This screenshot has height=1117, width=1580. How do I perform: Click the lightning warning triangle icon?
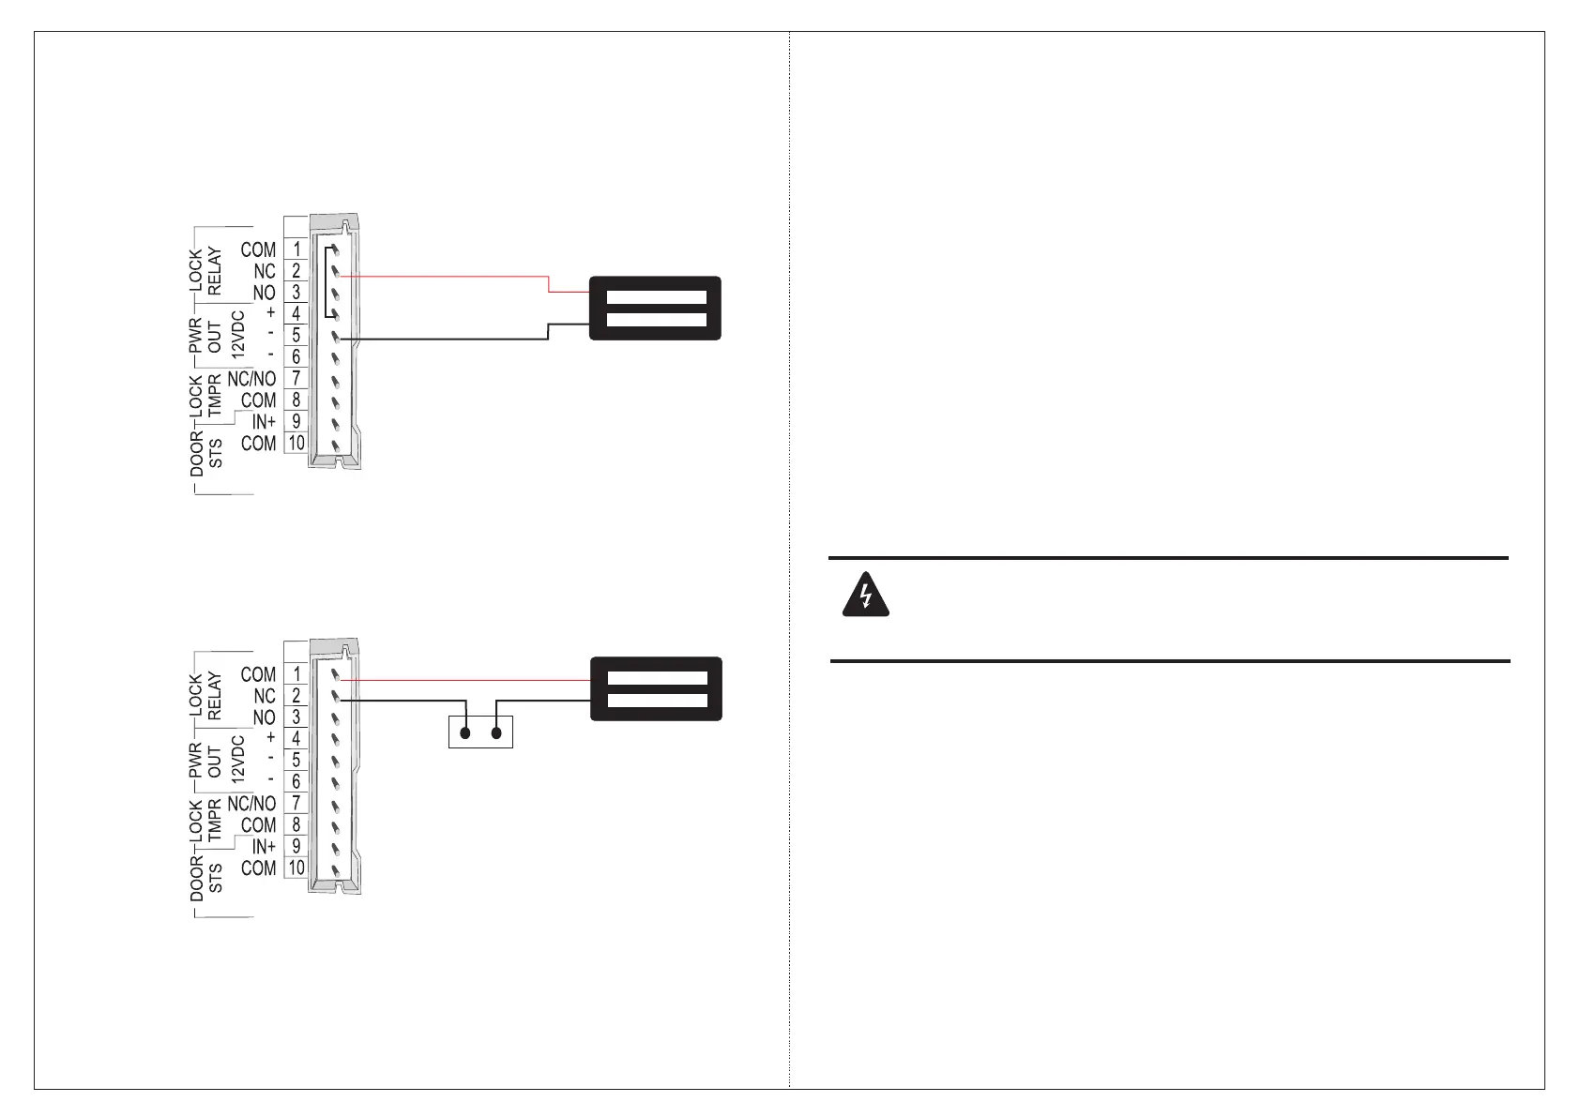pos(866,594)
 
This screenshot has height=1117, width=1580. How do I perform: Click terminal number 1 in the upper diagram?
pos(296,249)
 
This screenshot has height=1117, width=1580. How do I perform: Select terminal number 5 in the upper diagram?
pos(296,336)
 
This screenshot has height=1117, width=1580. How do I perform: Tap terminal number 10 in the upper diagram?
pos(296,444)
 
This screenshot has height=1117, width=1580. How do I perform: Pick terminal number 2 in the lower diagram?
pos(296,696)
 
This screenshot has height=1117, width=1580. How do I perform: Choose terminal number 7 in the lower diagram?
pos(296,804)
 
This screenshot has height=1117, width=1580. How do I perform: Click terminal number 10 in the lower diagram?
pos(296,868)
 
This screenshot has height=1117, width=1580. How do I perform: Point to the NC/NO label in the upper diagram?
pos(251,379)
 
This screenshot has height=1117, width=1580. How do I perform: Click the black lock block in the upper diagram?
pos(655,308)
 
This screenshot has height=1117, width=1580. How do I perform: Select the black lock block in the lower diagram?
pos(656,688)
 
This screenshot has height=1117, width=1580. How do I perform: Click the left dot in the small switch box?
pos(464,733)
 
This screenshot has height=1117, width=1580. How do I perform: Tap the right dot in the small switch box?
pos(498,733)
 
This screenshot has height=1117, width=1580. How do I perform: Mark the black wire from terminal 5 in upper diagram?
pos(441,339)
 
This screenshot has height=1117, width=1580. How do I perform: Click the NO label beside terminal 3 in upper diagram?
pos(264,293)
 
